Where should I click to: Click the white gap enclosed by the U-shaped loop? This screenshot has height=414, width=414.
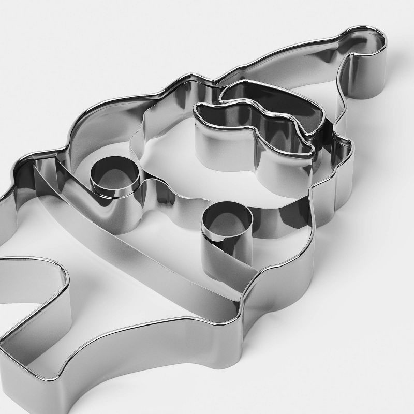(x=31, y=295)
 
